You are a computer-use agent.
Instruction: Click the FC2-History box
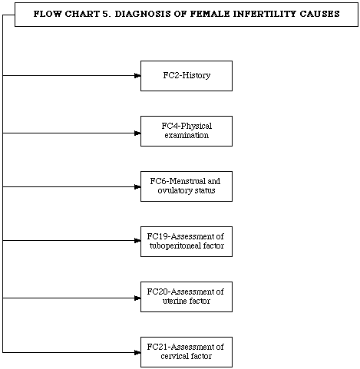(x=187, y=76)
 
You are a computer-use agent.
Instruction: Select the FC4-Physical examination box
(x=187, y=131)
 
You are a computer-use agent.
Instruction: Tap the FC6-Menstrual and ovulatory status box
(x=187, y=186)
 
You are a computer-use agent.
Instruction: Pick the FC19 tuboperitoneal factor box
(x=187, y=242)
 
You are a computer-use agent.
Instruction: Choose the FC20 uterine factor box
(x=187, y=297)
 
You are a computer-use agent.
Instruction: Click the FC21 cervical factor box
(x=187, y=352)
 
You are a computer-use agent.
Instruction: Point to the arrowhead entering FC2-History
(x=137, y=75)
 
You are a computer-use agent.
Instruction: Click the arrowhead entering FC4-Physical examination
(x=137, y=133)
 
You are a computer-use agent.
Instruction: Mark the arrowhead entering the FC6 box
(x=137, y=186)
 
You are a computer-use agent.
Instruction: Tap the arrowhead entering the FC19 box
(x=137, y=240)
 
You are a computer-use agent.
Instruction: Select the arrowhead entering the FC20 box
(x=137, y=298)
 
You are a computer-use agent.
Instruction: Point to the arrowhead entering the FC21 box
(x=137, y=353)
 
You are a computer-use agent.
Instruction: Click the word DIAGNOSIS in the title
(x=143, y=14)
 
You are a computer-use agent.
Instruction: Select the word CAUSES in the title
(x=319, y=14)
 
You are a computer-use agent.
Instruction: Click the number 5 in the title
(x=106, y=14)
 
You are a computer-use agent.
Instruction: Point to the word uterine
(x=174, y=301)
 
